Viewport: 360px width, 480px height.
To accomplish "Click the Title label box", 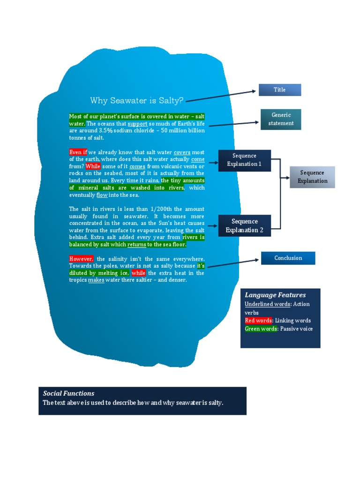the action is click(280, 90).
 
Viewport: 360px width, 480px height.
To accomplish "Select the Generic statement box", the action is click(281, 120).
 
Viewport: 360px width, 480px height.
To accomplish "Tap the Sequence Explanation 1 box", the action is click(244, 160).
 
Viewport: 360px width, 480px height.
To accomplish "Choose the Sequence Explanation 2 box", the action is click(244, 225).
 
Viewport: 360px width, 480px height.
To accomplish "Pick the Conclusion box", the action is click(288, 258).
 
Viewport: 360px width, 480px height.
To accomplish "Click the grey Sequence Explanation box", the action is click(312, 177).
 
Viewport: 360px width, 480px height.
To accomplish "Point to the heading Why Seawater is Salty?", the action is click(137, 100).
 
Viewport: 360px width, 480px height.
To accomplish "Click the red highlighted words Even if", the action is click(78, 152).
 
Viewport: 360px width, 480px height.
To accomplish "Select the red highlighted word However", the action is click(81, 259).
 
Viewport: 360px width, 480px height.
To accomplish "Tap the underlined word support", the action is click(137, 124).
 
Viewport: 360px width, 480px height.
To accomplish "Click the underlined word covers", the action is click(182, 152).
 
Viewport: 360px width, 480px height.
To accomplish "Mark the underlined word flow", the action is click(102, 195).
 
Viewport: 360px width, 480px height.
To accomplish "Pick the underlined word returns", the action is click(136, 244).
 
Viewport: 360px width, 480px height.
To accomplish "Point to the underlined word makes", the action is click(96, 280).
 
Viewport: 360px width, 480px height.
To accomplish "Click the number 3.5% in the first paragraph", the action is click(105, 130).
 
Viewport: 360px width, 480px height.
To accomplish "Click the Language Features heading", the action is click(275, 295).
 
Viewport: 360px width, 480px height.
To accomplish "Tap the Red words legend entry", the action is click(258, 321).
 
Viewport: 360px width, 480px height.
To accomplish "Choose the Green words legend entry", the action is click(261, 329).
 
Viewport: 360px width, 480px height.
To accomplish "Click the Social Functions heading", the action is click(68, 393).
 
